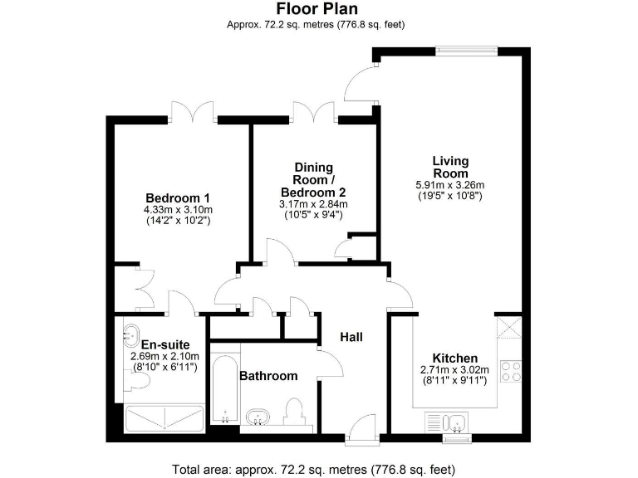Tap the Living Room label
pos(450,167)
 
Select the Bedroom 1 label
pos(177,198)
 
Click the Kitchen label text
pos(454,358)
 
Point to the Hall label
pos(351,337)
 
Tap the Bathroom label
pos(268,376)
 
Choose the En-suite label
pos(165,344)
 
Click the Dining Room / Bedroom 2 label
pos(313,180)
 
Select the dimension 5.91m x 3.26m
pos(450,185)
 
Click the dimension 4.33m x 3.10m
pos(177,211)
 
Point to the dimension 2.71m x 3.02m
pos(454,370)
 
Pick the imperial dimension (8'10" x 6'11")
pos(164,366)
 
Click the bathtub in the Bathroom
pos(223,388)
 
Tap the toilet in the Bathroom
pos(293,412)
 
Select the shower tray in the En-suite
pos(164,420)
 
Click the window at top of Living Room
pos(467,51)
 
